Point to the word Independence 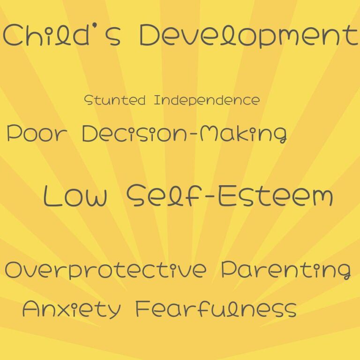click(206, 100)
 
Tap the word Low click(75, 195)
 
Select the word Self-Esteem click(230, 195)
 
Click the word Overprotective click(105, 270)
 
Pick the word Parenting click(286, 270)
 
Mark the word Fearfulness click(216, 309)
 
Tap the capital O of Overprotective click(15, 270)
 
